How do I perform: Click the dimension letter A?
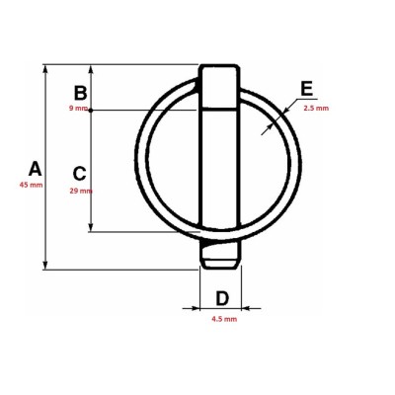36,169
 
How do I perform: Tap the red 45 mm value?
31,185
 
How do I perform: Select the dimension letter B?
80,93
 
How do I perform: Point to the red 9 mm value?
78,109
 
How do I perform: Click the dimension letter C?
79,174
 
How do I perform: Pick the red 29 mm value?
81,191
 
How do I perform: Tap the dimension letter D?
222,298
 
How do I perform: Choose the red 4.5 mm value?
224,319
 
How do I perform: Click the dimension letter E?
307,89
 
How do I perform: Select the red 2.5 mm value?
316,109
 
